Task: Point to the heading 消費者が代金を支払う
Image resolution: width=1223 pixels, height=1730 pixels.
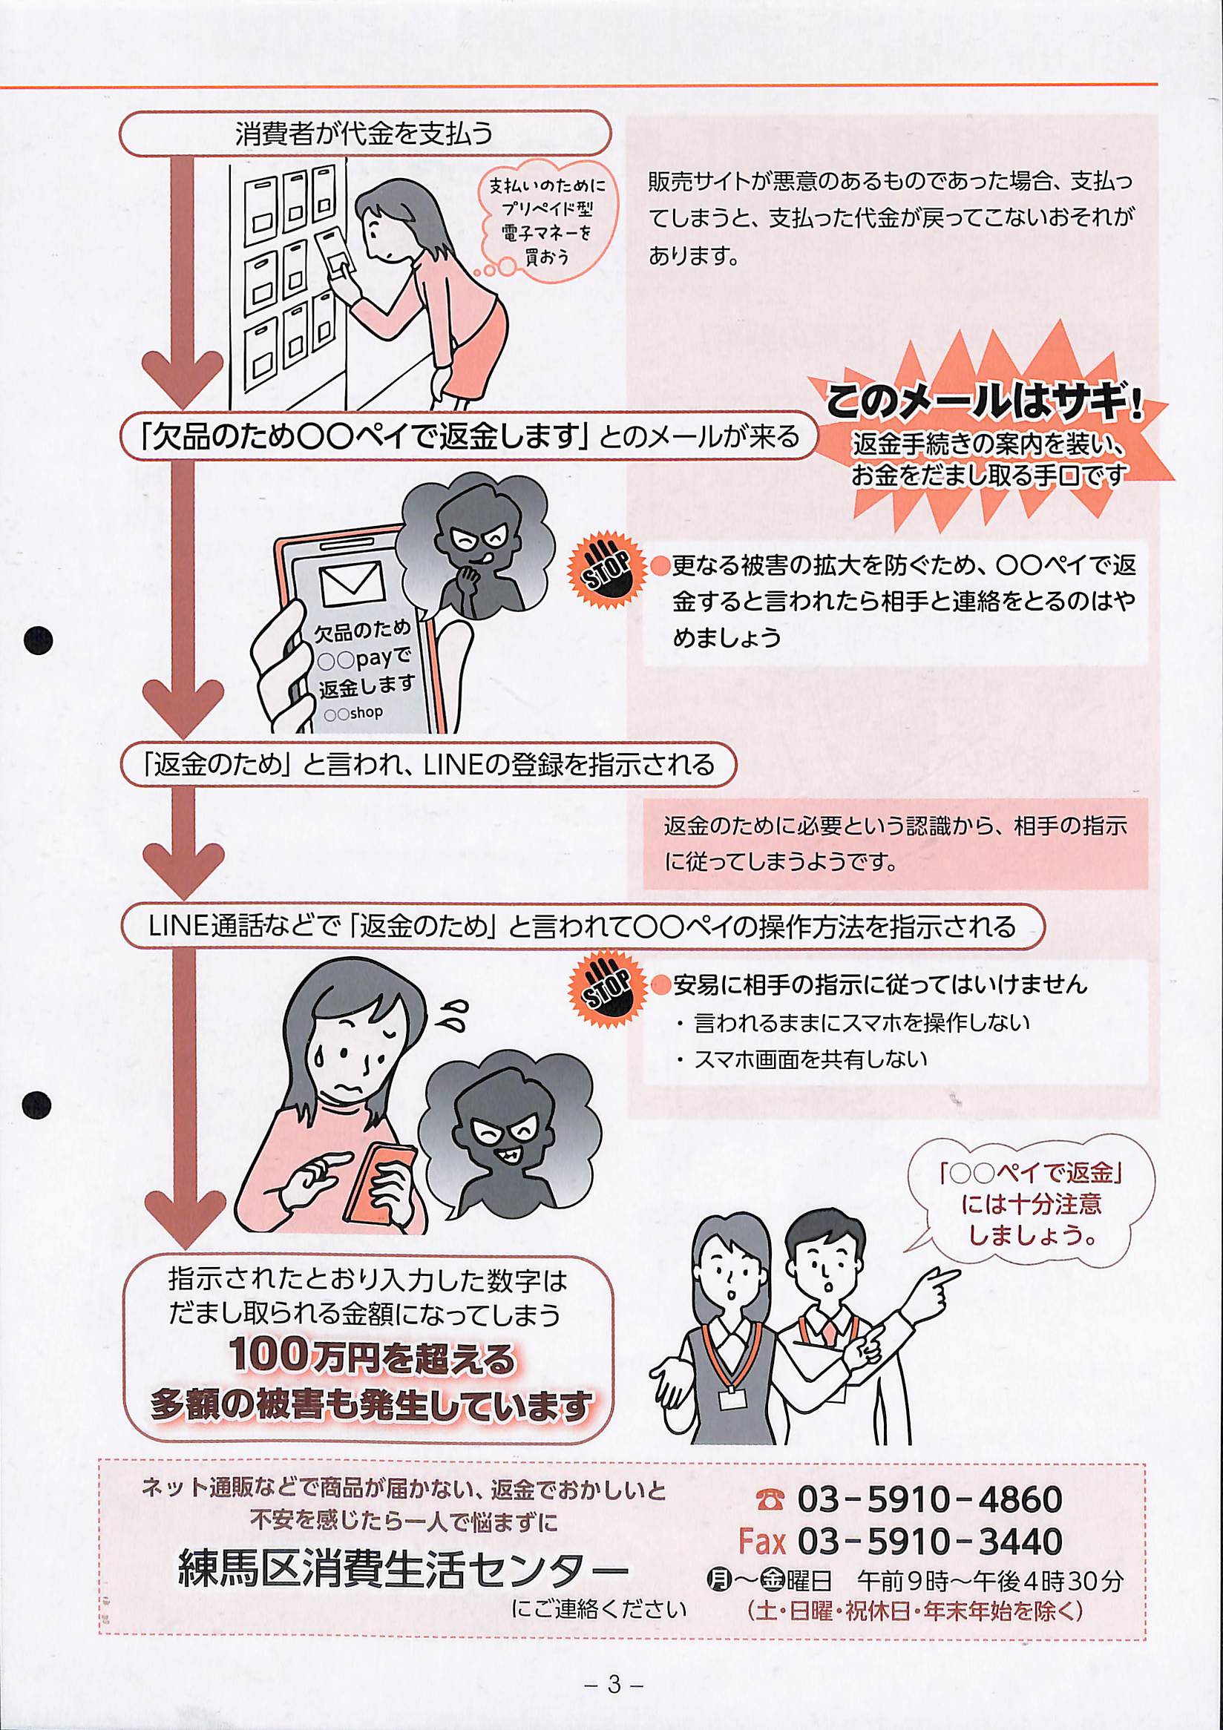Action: [364, 134]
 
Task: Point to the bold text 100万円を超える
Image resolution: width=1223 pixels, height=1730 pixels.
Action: [373, 1357]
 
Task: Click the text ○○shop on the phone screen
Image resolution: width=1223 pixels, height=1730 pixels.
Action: [353, 712]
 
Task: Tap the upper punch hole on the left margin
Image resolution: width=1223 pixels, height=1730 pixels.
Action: [38, 639]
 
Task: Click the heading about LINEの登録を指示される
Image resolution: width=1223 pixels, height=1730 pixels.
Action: [428, 766]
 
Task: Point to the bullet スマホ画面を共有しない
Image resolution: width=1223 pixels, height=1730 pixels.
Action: [803, 1059]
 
